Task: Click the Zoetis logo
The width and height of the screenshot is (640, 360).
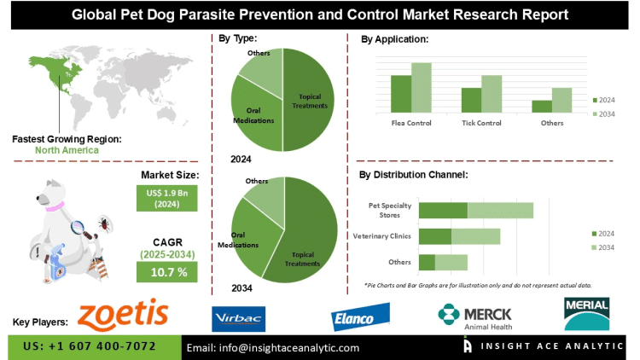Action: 122,315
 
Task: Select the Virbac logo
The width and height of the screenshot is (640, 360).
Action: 239,317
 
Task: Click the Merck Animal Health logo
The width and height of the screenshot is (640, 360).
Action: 477,316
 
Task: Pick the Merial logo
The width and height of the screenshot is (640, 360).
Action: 586,313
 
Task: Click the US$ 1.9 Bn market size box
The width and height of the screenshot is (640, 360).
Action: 167,198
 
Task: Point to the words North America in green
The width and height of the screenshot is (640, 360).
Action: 67,150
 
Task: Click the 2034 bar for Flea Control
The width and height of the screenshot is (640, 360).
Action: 422,88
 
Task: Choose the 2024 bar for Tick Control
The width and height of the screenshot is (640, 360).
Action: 471,100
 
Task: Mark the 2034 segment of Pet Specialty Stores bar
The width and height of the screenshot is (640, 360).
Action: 500,210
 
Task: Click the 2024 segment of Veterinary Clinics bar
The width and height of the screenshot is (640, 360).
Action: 435,236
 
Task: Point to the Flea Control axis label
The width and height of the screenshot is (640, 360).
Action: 411,124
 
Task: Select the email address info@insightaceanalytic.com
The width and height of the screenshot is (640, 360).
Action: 273,347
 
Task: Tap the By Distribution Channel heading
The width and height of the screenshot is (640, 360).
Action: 413,174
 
